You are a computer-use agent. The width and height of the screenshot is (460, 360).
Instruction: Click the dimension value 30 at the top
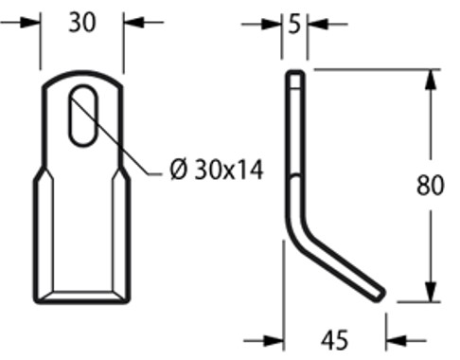[82, 23]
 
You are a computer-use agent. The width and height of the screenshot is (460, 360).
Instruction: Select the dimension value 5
[295, 22]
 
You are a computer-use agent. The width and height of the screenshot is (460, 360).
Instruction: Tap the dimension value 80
[431, 186]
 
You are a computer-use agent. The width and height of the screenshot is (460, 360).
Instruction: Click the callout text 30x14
[229, 171]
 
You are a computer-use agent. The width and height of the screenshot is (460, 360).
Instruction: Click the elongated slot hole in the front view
[82, 115]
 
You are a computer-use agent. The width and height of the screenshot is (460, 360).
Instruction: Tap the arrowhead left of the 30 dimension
[32, 22]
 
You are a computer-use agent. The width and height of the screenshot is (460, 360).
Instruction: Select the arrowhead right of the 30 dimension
[132, 22]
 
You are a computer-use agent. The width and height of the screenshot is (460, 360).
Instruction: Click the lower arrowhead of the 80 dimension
[431, 294]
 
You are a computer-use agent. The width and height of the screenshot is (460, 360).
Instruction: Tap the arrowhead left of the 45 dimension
[274, 338]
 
